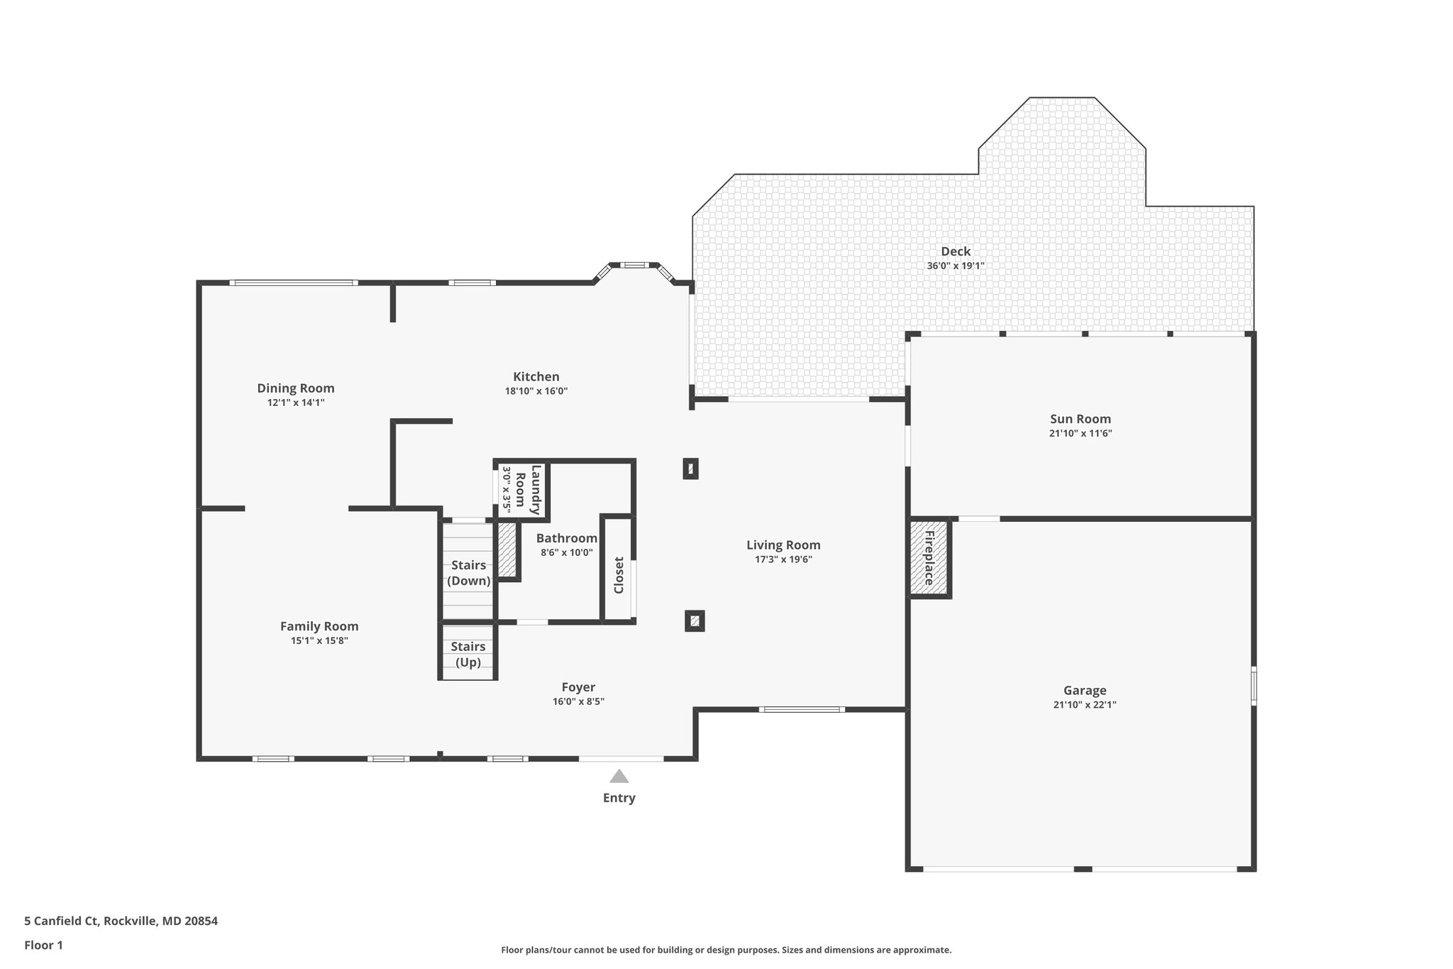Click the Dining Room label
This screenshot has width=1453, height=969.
296,388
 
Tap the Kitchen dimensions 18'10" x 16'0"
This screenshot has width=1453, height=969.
536,391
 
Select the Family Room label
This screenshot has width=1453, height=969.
319,626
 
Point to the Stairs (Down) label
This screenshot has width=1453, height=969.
469,573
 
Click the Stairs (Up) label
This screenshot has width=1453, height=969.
468,655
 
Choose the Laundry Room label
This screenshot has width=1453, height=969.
529,490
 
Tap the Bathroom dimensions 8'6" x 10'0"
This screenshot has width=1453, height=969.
567,553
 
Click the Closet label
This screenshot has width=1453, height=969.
619,575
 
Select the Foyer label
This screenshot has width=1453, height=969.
578,687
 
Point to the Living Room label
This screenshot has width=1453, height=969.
783,545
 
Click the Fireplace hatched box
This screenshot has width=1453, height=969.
929,558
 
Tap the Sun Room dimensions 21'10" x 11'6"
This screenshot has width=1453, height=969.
1081,434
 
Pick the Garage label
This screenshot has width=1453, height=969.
1085,690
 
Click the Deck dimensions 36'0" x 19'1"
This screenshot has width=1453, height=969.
956,266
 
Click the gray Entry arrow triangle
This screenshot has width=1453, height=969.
619,776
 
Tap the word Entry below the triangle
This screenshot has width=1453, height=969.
619,798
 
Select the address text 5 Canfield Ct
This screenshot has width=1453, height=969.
61,921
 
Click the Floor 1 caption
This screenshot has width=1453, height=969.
44,945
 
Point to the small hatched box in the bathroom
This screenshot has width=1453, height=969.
507,549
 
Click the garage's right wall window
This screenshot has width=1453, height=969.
1254,686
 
